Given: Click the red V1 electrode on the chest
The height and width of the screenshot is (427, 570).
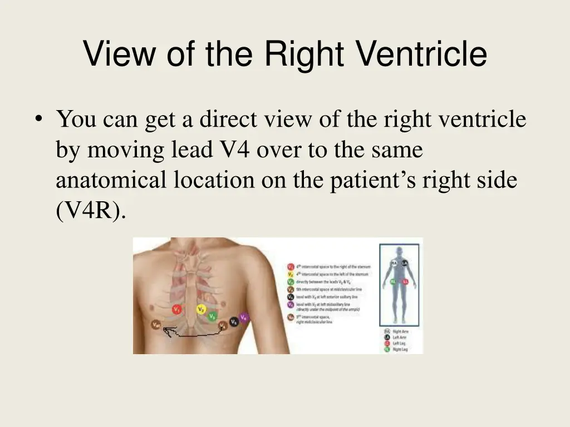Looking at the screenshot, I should pos(177,309).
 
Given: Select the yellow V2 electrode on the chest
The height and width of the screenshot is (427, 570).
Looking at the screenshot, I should pos(201,309).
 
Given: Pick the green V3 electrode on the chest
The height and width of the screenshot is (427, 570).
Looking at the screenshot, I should pos(212,316).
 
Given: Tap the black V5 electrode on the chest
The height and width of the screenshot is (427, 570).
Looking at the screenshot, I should pos(234,321).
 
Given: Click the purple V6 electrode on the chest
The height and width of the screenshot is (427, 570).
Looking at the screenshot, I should pos(244,317).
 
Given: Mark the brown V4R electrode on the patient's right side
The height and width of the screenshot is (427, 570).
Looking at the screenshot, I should pos(156,324).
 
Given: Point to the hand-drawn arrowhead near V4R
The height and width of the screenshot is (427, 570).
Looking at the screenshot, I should pos(166,332).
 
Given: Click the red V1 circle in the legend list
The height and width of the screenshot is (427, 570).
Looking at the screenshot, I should pos(291,267).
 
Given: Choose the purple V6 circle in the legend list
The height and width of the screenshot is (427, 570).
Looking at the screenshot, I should pos(291,305).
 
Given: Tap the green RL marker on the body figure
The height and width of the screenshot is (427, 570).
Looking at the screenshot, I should pos(393,282).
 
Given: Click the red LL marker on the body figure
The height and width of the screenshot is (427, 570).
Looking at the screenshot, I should pos(405,282).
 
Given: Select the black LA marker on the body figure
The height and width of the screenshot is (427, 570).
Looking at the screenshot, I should pos(405,262).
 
